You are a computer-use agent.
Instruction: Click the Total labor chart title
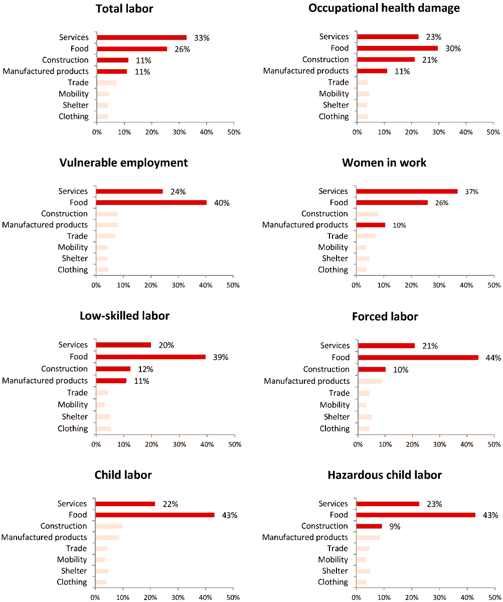pos(124,9)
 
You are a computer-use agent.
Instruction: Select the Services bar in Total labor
pos(141,37)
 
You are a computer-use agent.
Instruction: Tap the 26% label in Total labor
pos(181,49)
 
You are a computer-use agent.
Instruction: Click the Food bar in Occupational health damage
pos(397,48)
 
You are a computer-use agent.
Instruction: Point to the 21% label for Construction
pos(430,60)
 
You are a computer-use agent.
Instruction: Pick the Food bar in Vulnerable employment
pos(151,203)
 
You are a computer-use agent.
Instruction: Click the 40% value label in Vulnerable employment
pos(221,203)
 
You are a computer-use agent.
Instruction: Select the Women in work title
pos(384,163)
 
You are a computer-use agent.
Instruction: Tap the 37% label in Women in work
pos(471,192)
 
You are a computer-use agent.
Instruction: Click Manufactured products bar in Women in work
pos(371,225)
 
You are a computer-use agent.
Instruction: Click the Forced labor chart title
pos(385,317)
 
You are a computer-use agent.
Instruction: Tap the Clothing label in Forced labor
pos(334,428)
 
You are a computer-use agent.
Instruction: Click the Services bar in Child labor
pos(125,504)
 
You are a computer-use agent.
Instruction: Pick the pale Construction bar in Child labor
pos(109,526)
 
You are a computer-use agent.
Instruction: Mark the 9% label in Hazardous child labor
pos(394,527)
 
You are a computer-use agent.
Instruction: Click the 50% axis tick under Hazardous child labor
pos(493,597)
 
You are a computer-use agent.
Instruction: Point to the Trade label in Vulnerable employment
pos(77,236)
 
